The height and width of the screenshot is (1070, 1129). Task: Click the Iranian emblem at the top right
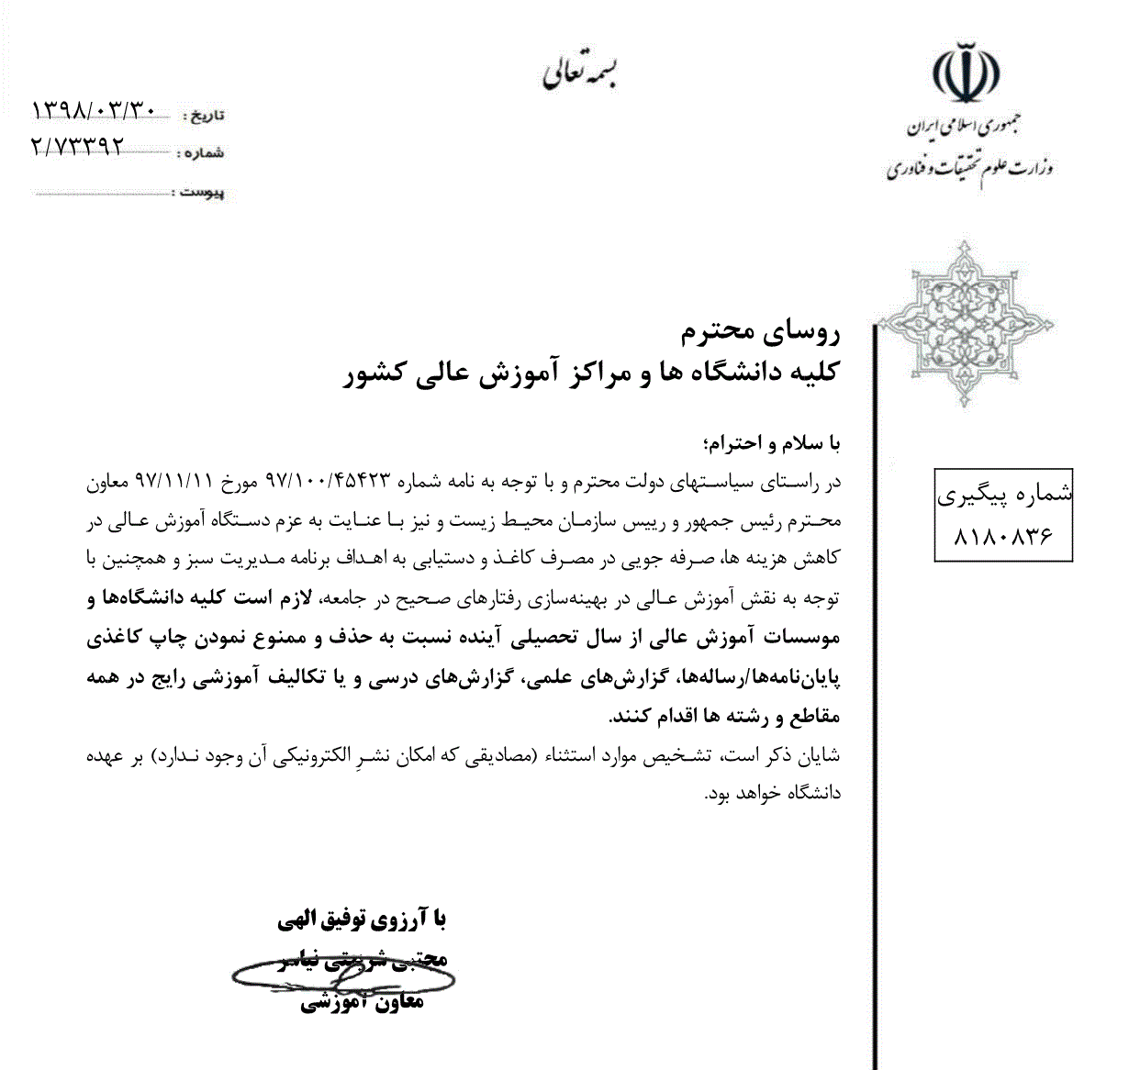(x=967, y=72)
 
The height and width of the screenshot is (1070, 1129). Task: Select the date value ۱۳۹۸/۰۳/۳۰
(x=95, y=111)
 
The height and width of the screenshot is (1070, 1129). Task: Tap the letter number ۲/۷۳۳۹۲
(x=77, y=147)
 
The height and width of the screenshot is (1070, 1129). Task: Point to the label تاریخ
(x=205, y=117)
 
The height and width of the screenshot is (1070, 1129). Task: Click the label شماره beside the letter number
(x=203, y=153)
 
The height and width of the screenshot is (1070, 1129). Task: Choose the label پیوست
(x=201, y=193)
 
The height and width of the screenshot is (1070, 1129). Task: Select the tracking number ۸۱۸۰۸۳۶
(x=1003, y=536)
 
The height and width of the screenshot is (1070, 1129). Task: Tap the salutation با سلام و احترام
(x=770, y=443)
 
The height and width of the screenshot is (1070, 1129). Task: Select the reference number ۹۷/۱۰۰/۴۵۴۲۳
(x=329, y=480)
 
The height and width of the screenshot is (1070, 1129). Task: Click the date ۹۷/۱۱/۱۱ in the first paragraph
(x=174, y=480)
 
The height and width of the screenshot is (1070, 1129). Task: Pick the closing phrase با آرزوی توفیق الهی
(x=362, y=919)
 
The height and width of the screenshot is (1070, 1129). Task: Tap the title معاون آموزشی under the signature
(x=362, y=1002)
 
